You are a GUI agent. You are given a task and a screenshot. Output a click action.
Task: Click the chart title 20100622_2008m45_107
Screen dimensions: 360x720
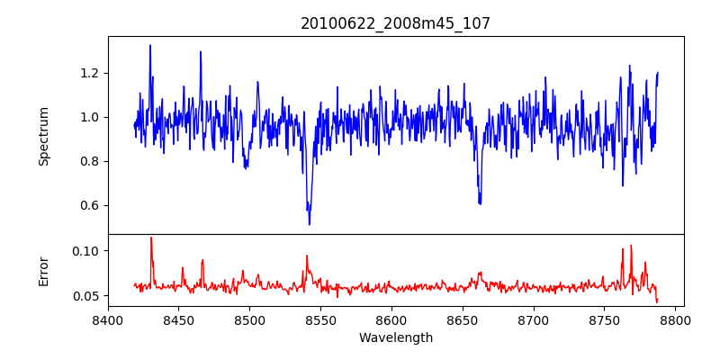point(395,23)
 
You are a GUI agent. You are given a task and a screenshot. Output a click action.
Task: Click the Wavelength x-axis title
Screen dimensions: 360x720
point(395,338)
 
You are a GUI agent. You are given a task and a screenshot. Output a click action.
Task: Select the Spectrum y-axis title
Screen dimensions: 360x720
point(44,136)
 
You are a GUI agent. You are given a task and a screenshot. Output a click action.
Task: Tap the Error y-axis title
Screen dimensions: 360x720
point(44,271)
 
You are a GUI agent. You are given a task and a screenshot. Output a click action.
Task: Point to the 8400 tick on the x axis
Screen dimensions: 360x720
point(108,319)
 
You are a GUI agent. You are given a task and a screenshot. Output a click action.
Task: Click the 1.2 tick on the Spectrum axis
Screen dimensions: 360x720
point(91,73)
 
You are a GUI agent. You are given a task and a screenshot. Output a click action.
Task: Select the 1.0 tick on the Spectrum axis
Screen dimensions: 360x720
point(91,117)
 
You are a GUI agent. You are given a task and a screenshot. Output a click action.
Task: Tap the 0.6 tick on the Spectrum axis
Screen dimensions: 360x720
point(91,205)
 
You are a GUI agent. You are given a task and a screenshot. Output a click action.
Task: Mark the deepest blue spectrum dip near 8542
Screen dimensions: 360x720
point(310,224)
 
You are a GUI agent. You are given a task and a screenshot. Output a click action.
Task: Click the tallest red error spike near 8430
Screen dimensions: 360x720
point(150,238)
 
